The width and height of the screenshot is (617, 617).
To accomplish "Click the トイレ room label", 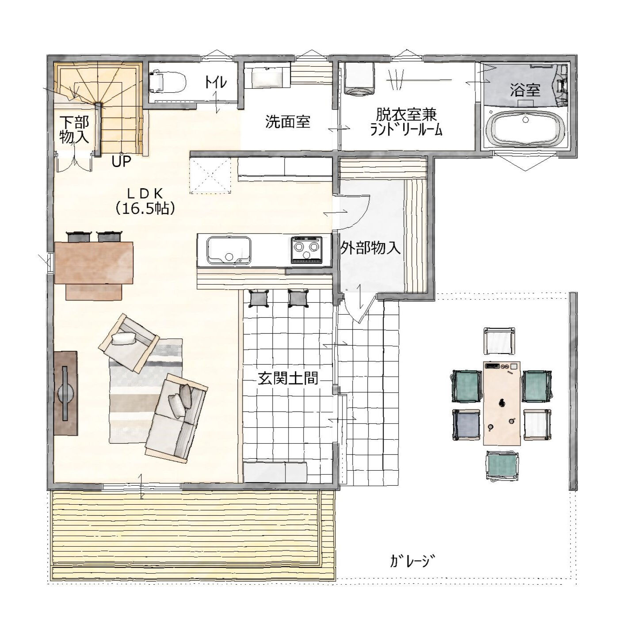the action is tap(216, 83).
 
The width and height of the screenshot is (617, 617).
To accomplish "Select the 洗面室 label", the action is tap(288, 122).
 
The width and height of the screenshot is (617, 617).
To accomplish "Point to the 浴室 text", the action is tap(525, 90).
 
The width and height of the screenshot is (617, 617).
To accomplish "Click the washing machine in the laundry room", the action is tap(359, 79).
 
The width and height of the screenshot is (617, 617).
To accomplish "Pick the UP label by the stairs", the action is tap(122, 161).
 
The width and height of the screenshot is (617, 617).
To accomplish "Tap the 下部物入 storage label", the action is tap(74, 129).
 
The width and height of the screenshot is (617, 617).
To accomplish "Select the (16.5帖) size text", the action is tap(145, 209).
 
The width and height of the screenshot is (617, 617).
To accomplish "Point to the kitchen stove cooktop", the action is tap(306, 250).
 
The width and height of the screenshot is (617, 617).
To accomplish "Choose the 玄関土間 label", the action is tap(288, 379).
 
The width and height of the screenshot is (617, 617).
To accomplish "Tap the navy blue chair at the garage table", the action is tap(467, 424).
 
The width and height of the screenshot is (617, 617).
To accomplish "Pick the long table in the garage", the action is tap(502, 403).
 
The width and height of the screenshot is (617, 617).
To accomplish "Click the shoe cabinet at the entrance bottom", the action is tap(275, 472).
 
